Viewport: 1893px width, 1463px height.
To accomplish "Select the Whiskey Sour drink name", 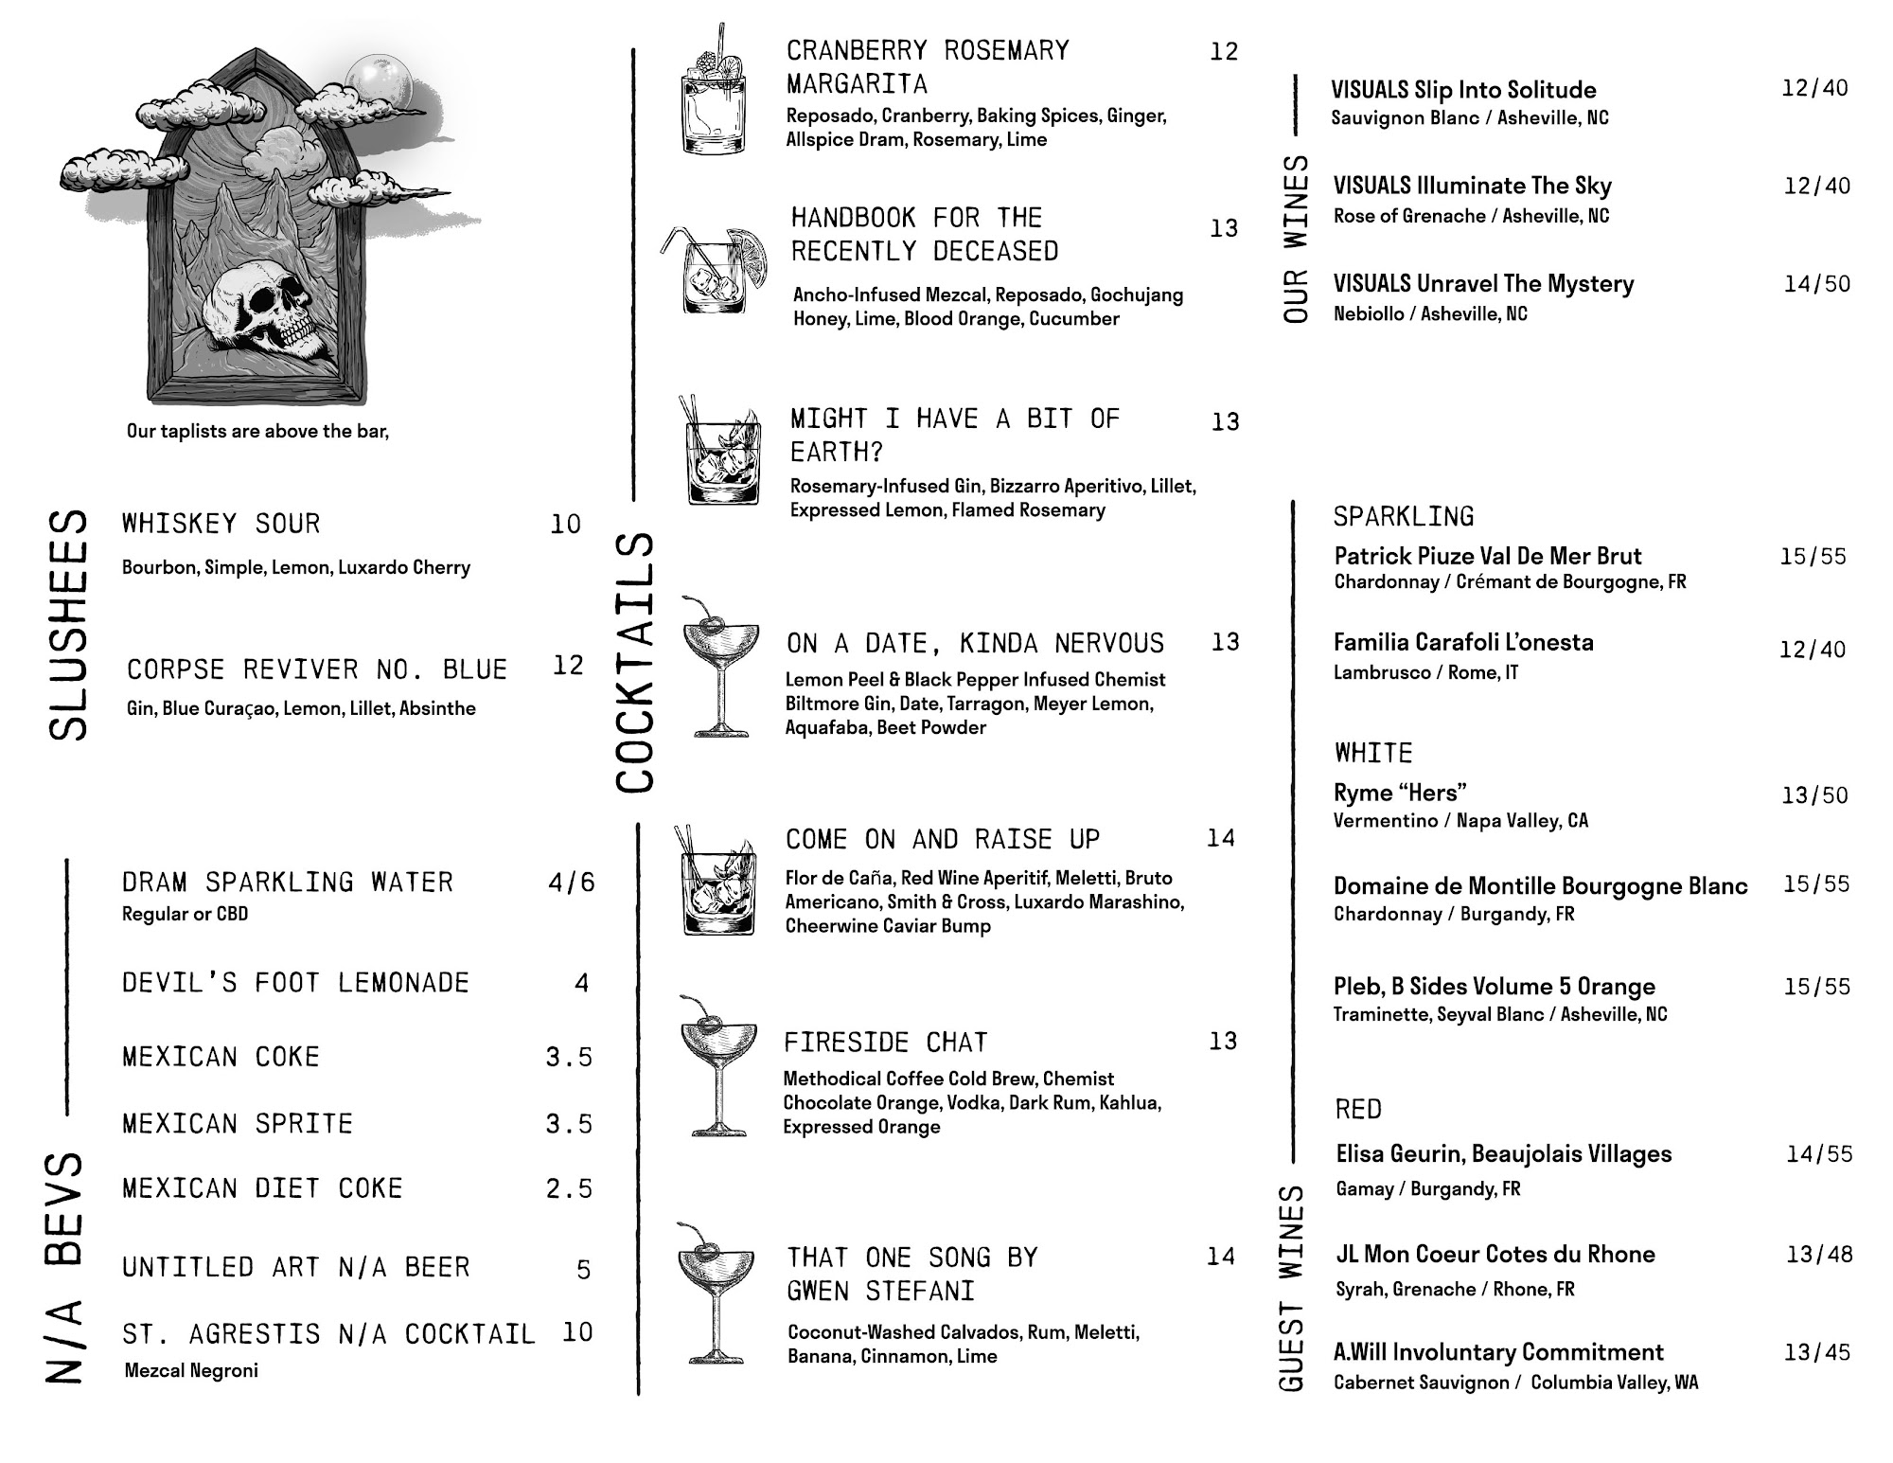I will tap(221, 524).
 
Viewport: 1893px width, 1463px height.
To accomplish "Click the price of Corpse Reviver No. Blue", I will tap(568, 666).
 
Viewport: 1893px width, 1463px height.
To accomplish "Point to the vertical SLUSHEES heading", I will tap(68, 625).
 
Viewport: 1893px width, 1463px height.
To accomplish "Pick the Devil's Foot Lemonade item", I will tap(295, 983).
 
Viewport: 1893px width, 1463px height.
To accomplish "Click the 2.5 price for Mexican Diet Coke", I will tap(569, 1188).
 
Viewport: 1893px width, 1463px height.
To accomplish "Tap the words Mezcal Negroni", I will tap(191, 1370).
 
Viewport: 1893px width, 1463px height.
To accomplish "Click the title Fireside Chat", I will tap(885, 1043).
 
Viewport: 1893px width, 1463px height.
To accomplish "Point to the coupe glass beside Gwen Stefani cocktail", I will tap(716, 1293).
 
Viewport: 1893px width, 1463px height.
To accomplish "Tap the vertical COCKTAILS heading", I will tap(634, 663).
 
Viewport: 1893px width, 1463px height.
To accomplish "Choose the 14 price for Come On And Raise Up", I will tap(1221, 838).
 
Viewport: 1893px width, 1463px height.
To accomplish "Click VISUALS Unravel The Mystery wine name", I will tap(1483, 284).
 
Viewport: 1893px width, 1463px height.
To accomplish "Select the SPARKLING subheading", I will tap(1404, 516).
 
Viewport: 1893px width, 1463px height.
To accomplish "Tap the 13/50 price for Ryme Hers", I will tap(1814, 795).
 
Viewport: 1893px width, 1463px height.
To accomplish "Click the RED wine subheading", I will tap(1358, 1109).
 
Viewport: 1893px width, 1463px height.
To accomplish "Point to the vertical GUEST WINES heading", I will tap(1292, 1288).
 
